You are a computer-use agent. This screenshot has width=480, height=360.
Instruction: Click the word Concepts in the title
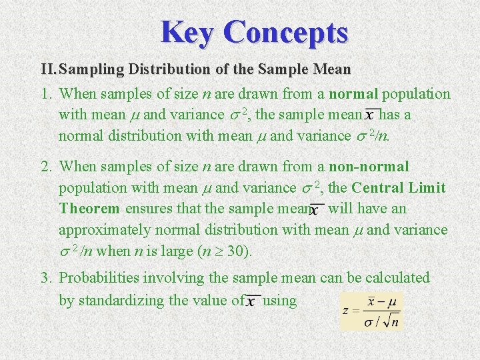pos(286,31)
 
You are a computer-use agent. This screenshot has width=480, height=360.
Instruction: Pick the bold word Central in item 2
pos(381,187)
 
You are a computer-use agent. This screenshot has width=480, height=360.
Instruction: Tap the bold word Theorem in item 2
pos(89,209)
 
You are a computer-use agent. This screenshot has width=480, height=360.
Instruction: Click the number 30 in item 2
pos(239,252)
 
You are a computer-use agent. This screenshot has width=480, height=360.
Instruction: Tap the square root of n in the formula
pos(393,322)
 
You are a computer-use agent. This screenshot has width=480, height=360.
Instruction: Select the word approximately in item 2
pos(104,230)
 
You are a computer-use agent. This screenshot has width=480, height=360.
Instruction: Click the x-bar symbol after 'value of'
pos(251,302)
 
